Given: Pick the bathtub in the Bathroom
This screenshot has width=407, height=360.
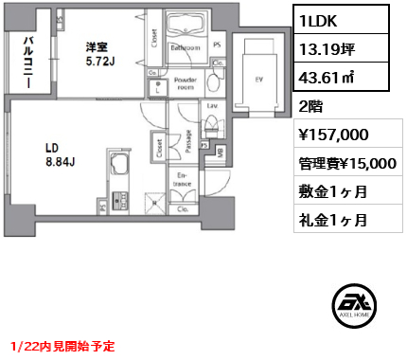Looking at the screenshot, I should (184, 27).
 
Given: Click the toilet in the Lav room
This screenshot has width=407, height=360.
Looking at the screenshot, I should (213, 123).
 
